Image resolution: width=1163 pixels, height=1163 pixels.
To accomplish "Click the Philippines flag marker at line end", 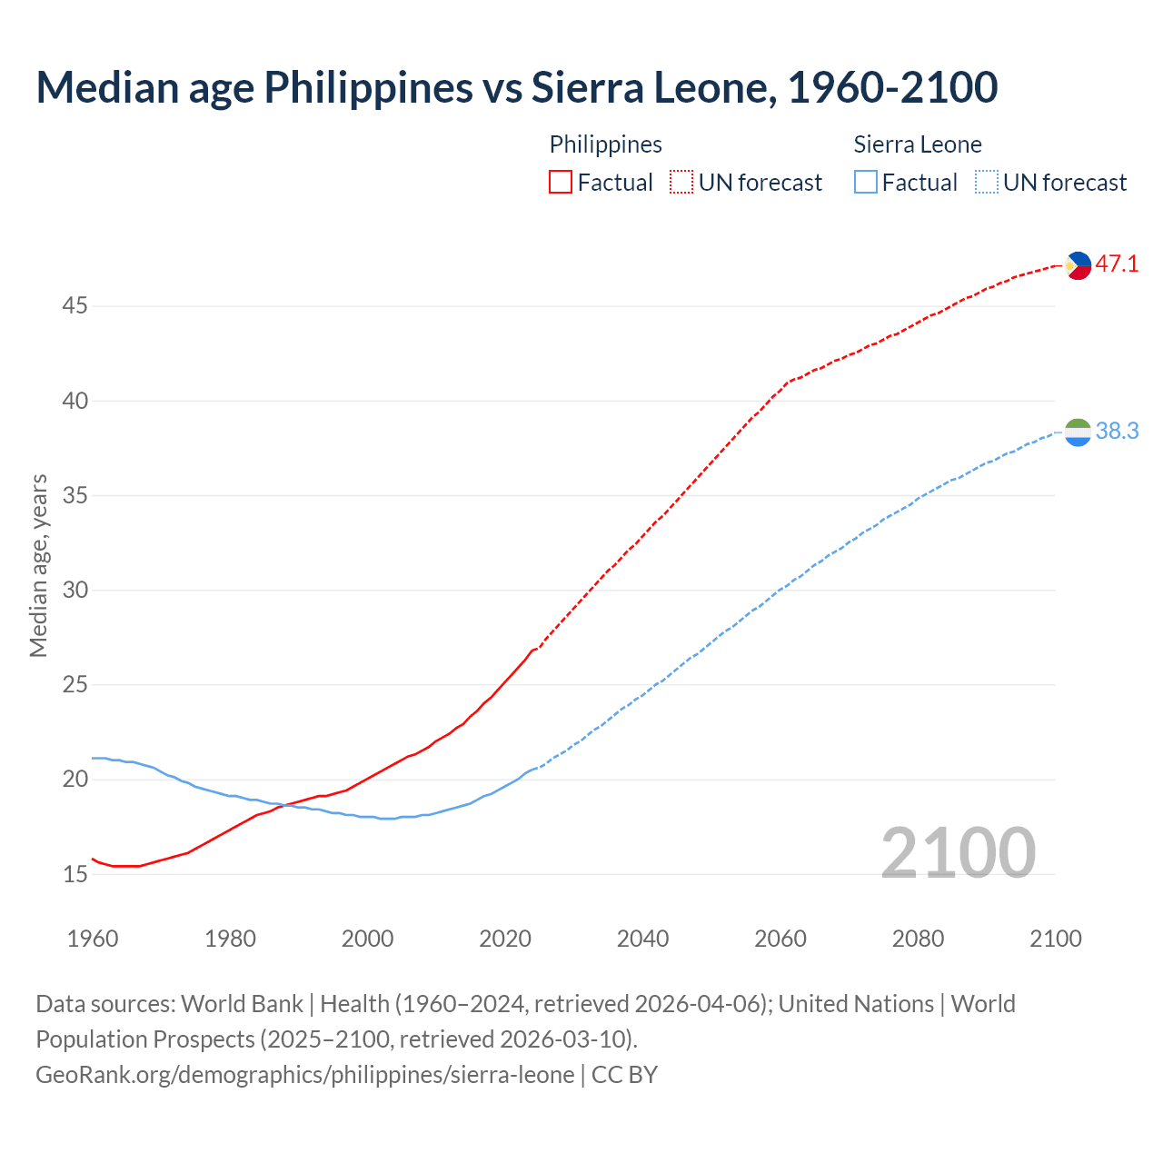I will point(1078,265).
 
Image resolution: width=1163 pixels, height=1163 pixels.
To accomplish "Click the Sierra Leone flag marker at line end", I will point(1078,432).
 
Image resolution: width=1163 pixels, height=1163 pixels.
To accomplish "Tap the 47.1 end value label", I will point(1117,264).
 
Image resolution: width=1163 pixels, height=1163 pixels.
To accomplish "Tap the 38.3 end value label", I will point(1117,431).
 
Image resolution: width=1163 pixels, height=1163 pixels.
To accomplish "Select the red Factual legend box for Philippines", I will point(561,183).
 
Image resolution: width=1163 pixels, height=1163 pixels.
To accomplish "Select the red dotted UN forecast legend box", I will point(681,183).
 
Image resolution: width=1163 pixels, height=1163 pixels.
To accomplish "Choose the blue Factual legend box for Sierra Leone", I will point(866,183).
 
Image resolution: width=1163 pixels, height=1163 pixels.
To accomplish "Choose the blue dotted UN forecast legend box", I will point(987,183).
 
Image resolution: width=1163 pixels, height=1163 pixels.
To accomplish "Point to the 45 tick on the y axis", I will point(75,306).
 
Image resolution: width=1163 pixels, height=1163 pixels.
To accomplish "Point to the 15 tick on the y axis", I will point(75,875).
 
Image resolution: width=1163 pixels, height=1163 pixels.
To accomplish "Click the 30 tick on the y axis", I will point(75,591).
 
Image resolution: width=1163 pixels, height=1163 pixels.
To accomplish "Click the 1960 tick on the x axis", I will point(93,939).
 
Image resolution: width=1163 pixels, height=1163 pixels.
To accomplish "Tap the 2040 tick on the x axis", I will point(642,939).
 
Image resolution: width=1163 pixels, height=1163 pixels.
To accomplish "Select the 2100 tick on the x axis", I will point(1056,939).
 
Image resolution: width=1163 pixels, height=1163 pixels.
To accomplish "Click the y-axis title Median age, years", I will point(38,565).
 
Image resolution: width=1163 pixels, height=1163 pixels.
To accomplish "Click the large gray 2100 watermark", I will point(959,853).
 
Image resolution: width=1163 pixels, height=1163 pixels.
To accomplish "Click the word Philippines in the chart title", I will point(368,87).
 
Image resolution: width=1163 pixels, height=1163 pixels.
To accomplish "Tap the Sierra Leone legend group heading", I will point(918,144).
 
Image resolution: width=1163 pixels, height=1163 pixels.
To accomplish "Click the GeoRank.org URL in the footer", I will point(305,1075).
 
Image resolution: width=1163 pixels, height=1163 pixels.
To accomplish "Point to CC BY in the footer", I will point(625,1075).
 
